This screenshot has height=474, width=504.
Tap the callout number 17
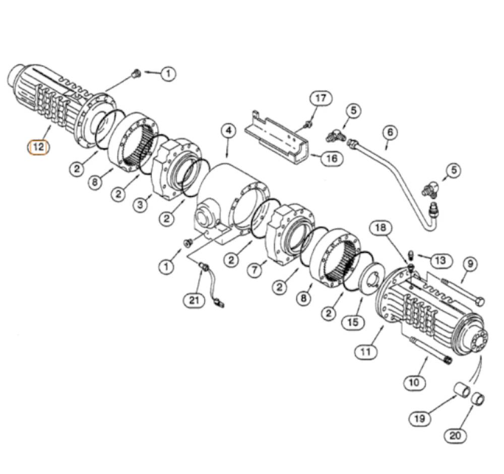tap(321, 98)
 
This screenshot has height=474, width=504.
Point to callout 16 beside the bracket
tap(332, 158)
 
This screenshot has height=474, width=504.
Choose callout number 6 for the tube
tap(390, 132)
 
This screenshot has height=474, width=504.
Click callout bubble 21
tap(194, 300)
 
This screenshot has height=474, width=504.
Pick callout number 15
tap(353, 322)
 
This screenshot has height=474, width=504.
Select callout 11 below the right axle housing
tap(365, 351)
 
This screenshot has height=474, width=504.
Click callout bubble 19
tap(420, 419)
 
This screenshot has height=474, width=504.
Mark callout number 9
tap(470, 264)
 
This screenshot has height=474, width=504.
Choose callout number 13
tap(440, 260)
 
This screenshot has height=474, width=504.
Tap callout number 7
tap(255, 269)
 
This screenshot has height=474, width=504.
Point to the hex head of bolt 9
tap(480, 302)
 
